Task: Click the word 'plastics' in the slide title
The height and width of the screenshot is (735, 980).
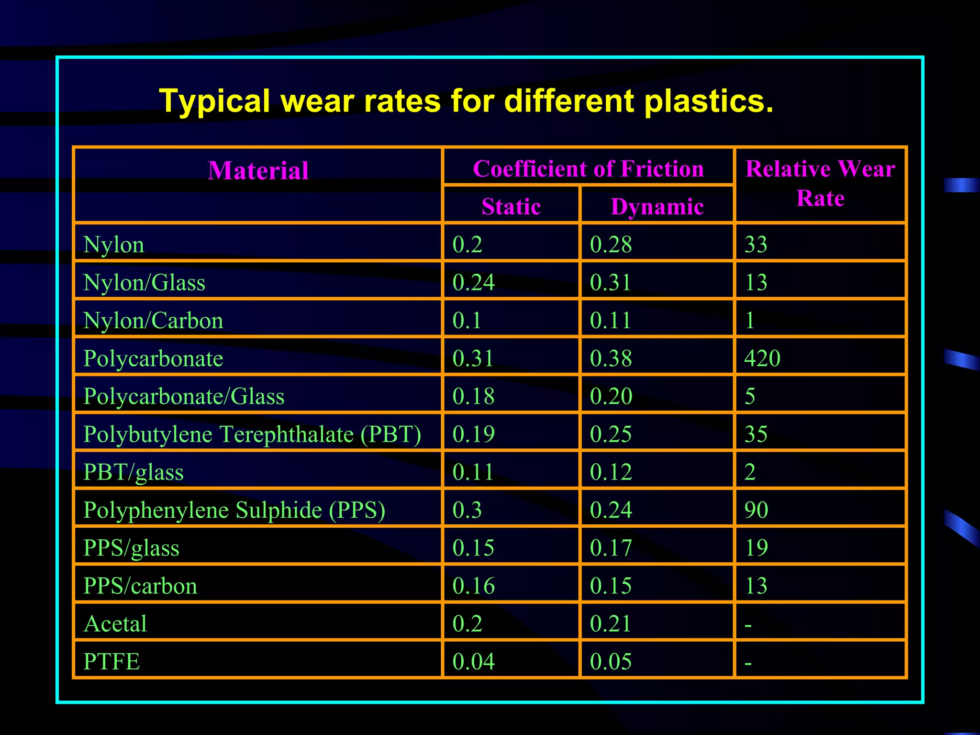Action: coord(708,101)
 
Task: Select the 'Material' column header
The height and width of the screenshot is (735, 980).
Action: coord(258,171)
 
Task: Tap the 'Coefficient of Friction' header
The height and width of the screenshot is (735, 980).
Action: coord(588,169)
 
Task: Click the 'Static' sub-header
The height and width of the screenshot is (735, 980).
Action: coord(511,207)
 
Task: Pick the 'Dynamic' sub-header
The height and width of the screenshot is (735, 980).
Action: coord(657,207)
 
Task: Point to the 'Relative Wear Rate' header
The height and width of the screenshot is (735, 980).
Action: coord(820,183)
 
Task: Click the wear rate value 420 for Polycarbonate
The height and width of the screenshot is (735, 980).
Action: coord(762,358)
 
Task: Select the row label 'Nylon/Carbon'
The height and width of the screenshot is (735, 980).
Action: coord(153,320)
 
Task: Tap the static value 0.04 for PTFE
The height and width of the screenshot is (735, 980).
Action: coord(473,661)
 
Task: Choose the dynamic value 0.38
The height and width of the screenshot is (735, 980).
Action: coord(611,358)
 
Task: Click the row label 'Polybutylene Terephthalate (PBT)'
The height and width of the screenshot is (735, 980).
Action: coord(252,434)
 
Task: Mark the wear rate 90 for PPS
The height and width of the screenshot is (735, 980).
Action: coord(756,510)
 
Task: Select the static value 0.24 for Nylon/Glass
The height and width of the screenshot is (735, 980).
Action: coord(473,282)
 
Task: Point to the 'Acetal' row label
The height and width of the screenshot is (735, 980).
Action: coord(115,624)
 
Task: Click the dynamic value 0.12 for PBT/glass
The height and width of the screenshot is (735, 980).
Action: coord(611,472)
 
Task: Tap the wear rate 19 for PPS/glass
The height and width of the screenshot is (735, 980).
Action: coord(756,547)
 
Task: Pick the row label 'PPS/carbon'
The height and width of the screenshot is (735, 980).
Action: coord(140,586)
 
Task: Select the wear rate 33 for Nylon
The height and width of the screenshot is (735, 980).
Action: coord(756,245)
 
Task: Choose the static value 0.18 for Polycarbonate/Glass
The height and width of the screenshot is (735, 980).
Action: coord(473,396)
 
